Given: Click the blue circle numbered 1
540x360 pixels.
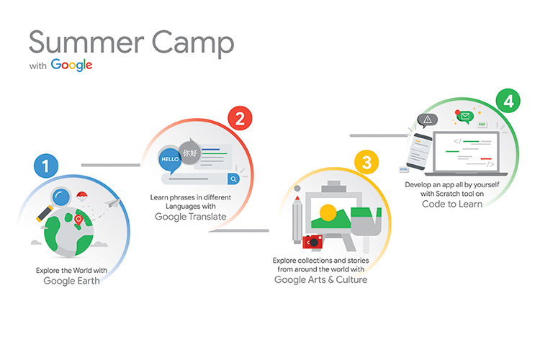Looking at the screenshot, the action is tap(46, 166).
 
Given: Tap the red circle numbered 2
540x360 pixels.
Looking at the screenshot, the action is tap(240, 118).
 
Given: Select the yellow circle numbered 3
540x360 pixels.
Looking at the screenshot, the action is tap(366, 162).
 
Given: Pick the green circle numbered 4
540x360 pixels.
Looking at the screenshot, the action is tap(508, 101).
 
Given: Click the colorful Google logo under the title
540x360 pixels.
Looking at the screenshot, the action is tap(71, 65).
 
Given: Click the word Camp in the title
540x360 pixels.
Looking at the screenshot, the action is tap(193, 43).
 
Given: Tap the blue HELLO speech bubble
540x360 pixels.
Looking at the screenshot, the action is tap(170, 160).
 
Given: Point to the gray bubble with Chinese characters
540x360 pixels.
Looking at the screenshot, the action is tap(190, 151).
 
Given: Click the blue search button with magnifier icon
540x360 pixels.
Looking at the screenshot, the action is tap(233, 179).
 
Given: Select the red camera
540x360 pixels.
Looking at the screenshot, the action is tap(312, 242).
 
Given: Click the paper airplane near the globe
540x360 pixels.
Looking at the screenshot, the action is tap(113, 203).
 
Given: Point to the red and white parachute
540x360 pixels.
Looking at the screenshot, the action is tap(81, 197).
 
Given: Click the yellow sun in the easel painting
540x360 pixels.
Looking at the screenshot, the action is tap(328, 212).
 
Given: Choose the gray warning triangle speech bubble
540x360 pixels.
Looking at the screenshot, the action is tap(428, 120).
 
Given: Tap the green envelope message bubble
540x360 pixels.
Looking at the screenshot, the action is tap(465, 117).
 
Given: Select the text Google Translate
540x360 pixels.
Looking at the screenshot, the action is tap(191, 217).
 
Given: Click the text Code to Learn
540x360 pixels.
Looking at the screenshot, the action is tap(452, 204).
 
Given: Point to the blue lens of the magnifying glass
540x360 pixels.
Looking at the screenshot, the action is tap(61, 197).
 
